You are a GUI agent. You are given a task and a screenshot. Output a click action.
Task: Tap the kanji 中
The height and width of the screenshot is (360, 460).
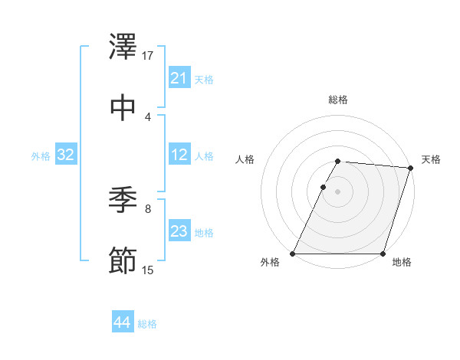point(123,106)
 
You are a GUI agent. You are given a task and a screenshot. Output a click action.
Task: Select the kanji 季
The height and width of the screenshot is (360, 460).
point(123,201)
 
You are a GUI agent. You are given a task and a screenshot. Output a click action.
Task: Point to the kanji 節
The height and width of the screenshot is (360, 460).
point(123,260)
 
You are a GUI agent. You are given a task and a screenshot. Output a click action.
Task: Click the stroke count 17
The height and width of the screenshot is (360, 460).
point(148,56)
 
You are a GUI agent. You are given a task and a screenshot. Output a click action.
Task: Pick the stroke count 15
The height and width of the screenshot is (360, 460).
point(148,270)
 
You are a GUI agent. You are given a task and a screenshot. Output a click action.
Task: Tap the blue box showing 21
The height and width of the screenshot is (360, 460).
point(179,78)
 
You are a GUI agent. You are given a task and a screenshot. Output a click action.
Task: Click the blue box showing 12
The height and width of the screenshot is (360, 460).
point(179,155)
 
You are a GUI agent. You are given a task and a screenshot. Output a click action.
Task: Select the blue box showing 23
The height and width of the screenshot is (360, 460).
point(179,232)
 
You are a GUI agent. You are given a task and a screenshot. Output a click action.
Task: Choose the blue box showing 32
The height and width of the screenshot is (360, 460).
point(66,155)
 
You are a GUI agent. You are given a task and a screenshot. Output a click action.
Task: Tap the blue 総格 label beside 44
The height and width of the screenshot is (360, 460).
point(147,324)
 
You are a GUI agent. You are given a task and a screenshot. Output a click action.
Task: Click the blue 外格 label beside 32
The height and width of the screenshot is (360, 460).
point(41,156)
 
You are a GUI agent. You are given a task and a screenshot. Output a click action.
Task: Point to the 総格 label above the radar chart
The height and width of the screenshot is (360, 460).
point(338,100)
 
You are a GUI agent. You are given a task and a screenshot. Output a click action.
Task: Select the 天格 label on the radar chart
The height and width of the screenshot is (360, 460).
point(431,159)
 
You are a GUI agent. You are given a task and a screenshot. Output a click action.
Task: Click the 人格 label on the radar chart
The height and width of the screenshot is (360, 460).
point(245,159)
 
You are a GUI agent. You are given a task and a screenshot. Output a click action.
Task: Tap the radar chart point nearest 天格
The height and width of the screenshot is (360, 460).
point(410,168)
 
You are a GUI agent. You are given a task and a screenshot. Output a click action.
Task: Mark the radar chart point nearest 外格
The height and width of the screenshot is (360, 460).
point(293,254)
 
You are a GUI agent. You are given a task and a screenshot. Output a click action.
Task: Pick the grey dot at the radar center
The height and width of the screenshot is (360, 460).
point(337,191)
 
